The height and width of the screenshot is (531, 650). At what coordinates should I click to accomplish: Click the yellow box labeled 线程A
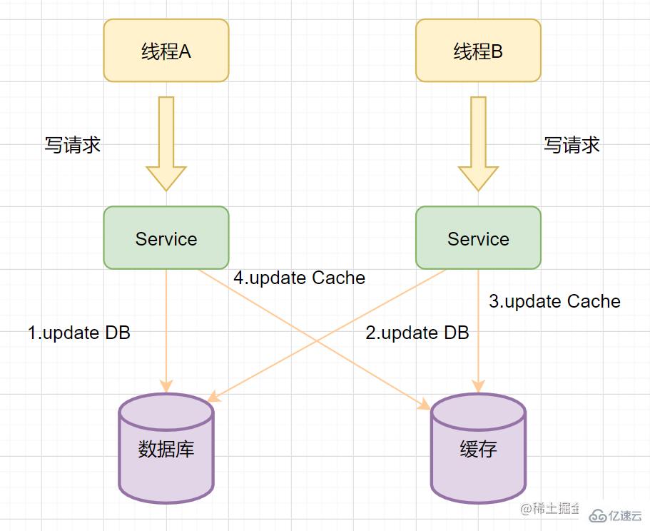click(x=166, y=51)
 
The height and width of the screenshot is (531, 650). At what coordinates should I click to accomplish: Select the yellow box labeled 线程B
click(x=478, y=51)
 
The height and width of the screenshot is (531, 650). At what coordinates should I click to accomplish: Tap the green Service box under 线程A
click(x=166, y=238)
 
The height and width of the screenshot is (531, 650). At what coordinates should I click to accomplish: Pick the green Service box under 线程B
click(x=478, y=238)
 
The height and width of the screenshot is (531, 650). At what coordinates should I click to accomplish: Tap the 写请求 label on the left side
click(x=72, y=145)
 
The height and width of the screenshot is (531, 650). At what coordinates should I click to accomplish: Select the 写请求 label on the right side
click(x=572, y=145)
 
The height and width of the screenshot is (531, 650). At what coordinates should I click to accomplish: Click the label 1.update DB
click(x=79, y=333)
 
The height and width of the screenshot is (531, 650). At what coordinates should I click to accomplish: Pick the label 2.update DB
click(x=417, y=333)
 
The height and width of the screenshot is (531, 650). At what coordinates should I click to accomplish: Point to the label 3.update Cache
click(x=554, y=301)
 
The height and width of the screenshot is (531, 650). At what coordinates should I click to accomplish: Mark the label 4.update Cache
click(x=300, y=278)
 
